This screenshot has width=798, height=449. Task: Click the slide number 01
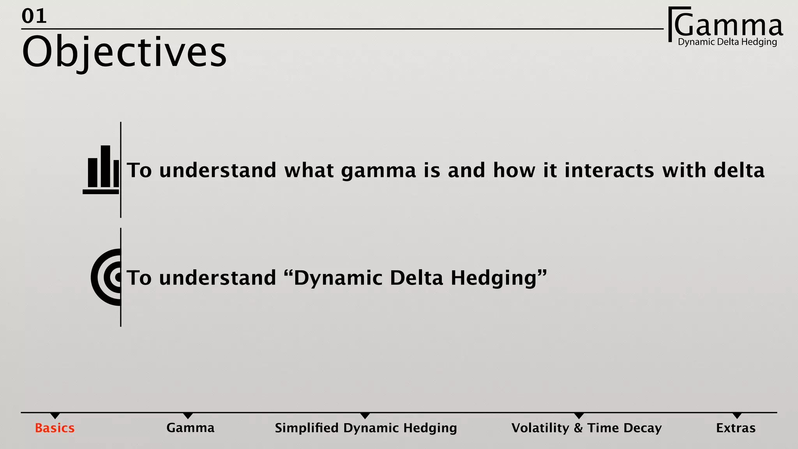point(34,16)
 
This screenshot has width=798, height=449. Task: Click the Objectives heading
point(124,52)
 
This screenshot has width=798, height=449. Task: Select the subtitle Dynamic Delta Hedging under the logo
point(727,42)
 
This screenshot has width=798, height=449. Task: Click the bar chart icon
point(102,170)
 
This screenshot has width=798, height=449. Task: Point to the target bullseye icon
point(106,277)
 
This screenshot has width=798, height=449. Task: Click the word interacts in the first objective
point(609,170)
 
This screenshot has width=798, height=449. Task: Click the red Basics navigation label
point(55,428)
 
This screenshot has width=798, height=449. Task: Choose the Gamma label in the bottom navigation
point(190,428)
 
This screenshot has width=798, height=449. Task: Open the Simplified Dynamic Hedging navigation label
point(365,428)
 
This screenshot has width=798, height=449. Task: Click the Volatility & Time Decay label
point(586,428)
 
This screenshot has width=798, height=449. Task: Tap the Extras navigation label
point(736,428)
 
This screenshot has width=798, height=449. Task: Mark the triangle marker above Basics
point(55,415)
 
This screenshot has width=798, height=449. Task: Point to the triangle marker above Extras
point(737,415)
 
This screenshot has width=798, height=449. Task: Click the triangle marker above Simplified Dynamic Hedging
point(365,415)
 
